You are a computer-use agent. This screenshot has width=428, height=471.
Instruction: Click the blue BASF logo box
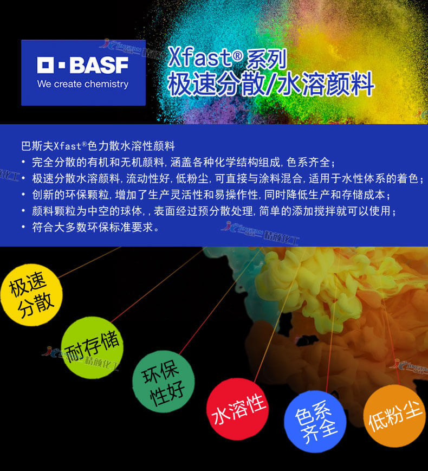pos(83,73)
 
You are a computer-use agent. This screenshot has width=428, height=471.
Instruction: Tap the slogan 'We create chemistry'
pos(83,85)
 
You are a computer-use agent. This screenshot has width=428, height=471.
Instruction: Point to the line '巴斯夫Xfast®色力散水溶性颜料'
pos(98,146)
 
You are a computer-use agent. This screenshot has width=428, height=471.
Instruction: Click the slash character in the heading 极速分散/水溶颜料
pos(269,85)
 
